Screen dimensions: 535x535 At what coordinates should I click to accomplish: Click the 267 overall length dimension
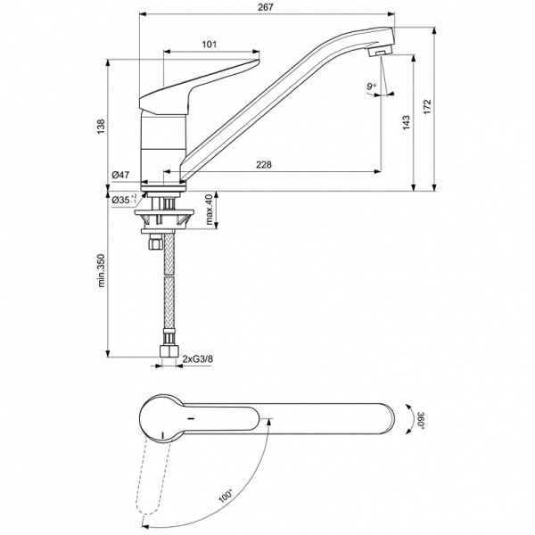coord(265,7)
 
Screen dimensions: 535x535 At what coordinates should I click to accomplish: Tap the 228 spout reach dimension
coord(264,163)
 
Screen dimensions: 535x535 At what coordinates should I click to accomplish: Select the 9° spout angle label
coord(371,86)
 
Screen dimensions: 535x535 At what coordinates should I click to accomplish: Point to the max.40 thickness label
coord(211,210)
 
